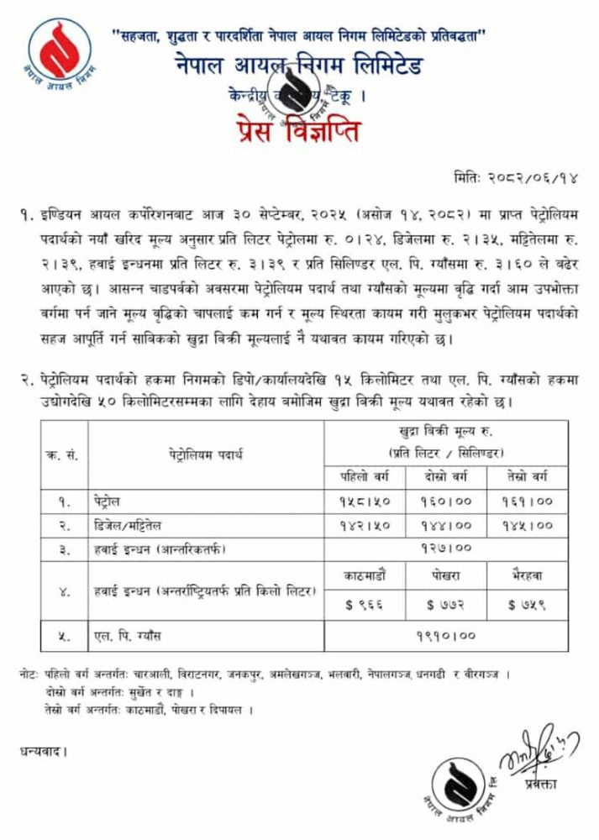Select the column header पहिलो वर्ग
coord(364,476)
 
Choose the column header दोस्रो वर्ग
coord(447,476)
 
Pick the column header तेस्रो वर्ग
coord(527,476)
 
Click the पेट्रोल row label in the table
coord(108,501)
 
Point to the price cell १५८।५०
coord(364,501)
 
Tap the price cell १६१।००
coord(527,501)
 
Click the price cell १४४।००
coord(447,526)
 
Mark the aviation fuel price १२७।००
coord(447,549)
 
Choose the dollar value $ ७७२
coord(447,603)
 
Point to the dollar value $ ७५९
coord(527,603)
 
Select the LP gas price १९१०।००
coord(447,636)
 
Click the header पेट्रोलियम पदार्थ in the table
coord(205,454)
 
